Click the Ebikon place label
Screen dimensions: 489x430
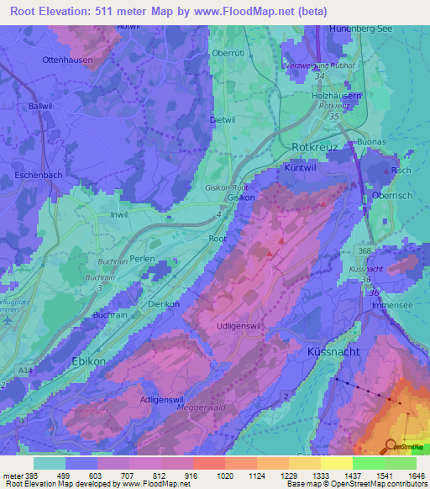tap(88, 360)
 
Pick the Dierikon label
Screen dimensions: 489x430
tap(164, 305)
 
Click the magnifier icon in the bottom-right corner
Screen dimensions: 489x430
tap(391, 447)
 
